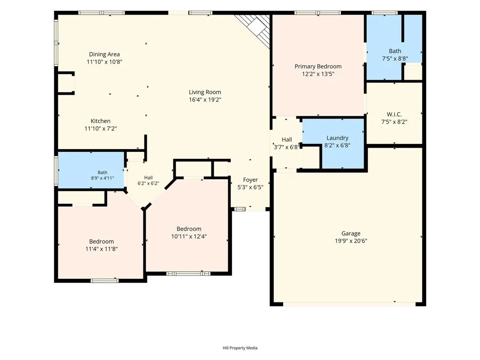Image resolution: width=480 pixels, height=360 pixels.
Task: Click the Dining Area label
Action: [x=105, y=54]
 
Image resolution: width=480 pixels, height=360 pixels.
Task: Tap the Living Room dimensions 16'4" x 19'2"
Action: [x=205, y=99]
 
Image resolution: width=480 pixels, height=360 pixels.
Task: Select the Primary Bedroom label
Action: [x=318, y=67]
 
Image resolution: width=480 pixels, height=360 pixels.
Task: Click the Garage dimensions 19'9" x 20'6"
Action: [x=351, y=241]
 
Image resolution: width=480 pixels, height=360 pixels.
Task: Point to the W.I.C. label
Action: [x=394, y=114]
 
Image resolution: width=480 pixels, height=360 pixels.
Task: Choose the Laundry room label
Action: [x=337, y=138]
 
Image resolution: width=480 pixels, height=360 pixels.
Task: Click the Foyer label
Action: [x=250, y=180]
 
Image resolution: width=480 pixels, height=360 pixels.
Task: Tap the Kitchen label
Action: [x=100, y=121]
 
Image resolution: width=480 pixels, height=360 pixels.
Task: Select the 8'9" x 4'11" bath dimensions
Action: [x=102, y=178]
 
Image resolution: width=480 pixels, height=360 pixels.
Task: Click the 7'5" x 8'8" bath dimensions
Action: [x=395, y=59]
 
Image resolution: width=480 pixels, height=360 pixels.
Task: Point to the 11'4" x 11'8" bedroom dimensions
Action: [x=101, y=249]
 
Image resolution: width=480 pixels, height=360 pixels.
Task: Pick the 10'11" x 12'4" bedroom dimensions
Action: [x=189, y=236]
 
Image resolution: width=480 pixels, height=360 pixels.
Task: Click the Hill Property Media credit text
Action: [x=240, y=348]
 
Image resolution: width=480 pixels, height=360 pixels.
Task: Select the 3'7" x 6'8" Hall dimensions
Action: [x=286, y=147]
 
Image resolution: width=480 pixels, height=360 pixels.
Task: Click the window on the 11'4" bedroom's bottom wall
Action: [x=105, y=280]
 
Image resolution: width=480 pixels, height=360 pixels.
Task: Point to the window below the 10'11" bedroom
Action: [x=188, y=273]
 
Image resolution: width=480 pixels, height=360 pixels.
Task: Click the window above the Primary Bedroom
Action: [x=318, y=13]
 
